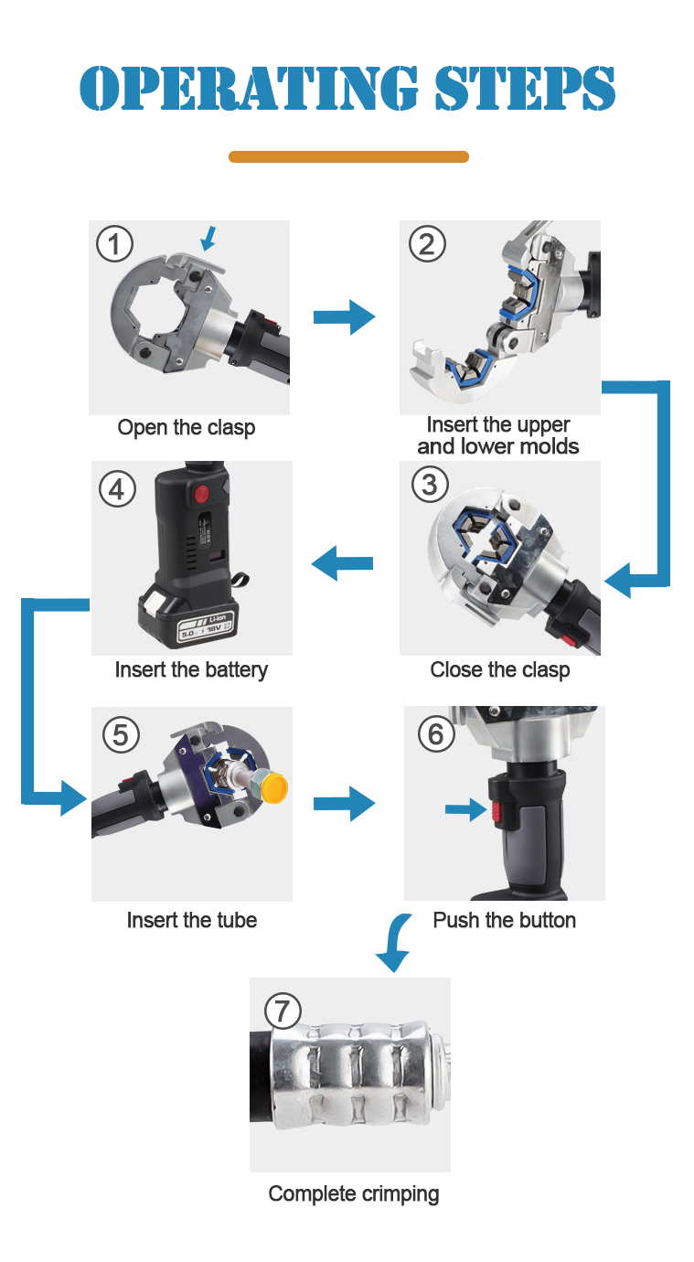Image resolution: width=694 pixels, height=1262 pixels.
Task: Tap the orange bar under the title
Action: tap(348, 156)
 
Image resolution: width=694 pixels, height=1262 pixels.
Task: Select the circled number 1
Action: tap(114, 244)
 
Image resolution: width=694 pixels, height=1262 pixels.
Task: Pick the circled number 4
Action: tap(117, 489)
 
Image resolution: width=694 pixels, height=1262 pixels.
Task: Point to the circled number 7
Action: tap(283, 1011)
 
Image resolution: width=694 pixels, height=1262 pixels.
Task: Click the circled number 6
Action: tap(436, 733)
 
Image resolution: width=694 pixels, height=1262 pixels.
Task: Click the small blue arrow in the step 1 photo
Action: tap(208, 239)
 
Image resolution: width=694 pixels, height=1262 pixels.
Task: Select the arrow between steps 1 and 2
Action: tap(344, 317)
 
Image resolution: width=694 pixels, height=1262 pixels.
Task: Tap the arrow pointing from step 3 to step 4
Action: tap(342, 562)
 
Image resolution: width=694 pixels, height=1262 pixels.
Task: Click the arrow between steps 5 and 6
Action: tap(344, 804)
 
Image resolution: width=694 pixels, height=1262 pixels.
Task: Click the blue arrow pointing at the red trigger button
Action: tap(465, 809)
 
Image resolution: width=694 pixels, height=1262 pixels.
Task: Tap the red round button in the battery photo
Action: tap(202, 495)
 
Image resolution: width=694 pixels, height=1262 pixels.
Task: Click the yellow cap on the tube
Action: tap(275, 787)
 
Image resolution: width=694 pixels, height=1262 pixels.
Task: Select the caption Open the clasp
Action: tap(187, 428)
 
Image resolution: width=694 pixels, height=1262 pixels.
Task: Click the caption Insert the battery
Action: tap(191, 670)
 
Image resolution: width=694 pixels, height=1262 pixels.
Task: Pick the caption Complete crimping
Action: tap(354, 1193)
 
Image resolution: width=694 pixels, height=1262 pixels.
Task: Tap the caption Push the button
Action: tap(505, 920)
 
